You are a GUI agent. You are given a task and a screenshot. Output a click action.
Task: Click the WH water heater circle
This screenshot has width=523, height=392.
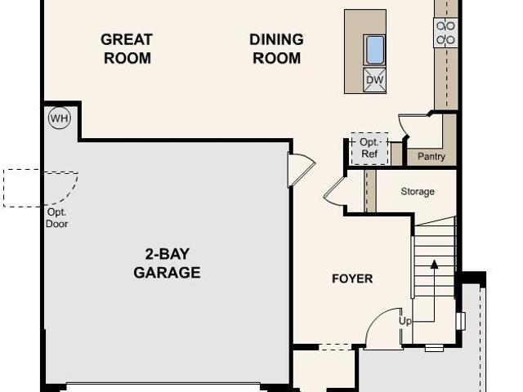(x=60, y=118)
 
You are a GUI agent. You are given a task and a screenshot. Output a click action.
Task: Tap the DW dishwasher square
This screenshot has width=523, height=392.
(x=374, y=80)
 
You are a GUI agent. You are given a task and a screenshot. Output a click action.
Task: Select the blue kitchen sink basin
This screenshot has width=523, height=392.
(x=375, y=50)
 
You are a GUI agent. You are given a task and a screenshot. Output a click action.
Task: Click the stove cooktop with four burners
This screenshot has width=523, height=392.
(x=445, y=33)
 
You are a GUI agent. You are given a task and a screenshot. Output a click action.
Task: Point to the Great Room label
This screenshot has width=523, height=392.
(x=127, y=49)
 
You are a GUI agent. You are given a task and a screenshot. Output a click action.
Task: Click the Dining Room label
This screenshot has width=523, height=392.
(x=276, y=49)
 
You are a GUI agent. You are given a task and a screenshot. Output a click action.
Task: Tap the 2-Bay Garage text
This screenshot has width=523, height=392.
(x=167, y=263)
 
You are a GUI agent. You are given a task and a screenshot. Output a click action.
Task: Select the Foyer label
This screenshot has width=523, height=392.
(x=352, y=278)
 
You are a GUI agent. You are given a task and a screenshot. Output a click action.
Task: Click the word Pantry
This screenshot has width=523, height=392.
(x=431, y=156)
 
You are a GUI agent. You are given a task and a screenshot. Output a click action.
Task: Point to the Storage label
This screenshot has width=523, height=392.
(x=418, y=191)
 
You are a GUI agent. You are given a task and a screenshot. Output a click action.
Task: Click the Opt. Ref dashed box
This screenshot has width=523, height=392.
(x=369, y=149)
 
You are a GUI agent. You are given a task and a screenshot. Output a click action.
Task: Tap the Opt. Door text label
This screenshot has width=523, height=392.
(x=56, y=218)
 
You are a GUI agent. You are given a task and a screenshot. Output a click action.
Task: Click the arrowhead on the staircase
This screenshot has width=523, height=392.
(x=434, y=265)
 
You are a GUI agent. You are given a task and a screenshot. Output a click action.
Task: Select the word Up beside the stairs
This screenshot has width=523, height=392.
(x=405, y=321)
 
